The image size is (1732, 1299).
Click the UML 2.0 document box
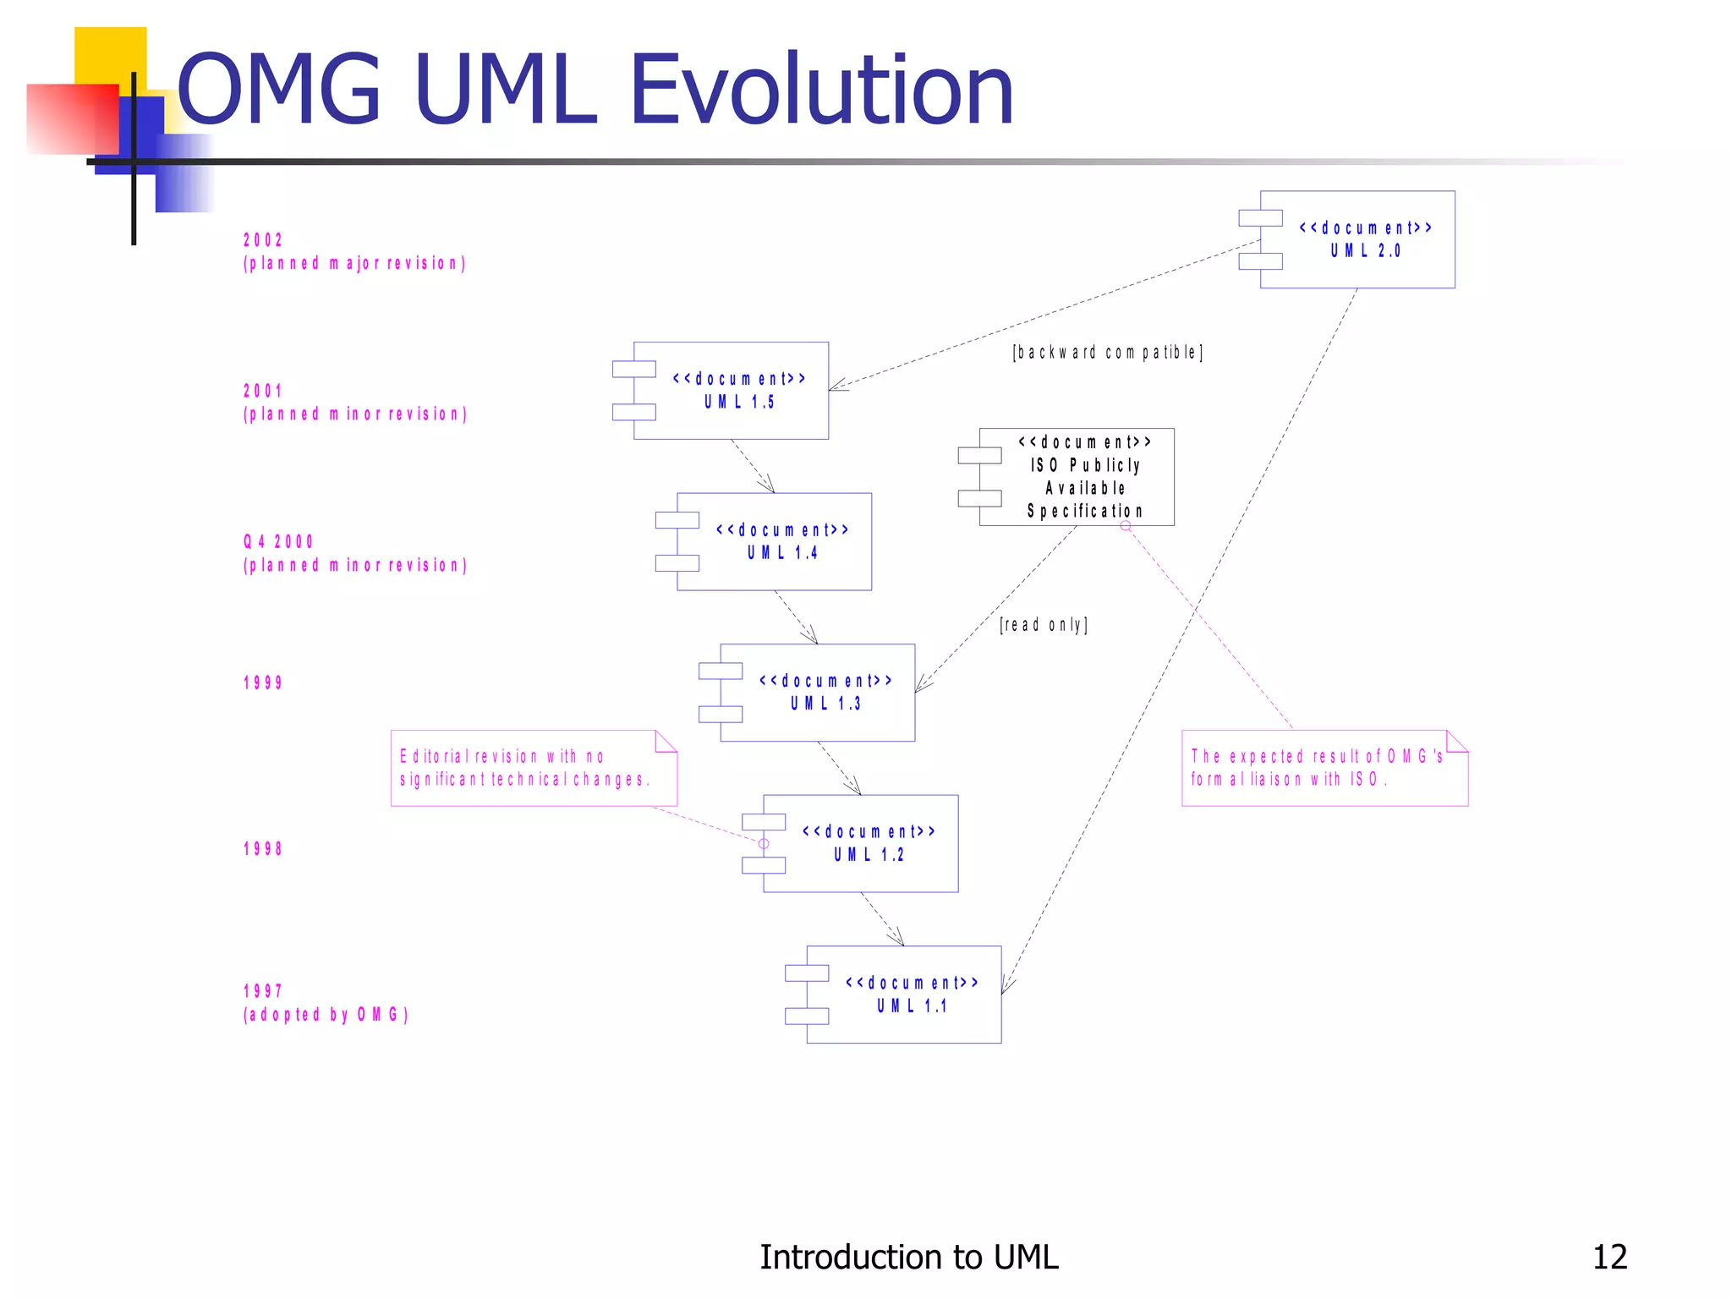[1357, 239]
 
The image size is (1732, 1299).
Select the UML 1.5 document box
[731, 391]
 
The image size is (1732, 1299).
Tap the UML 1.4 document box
[774, 541]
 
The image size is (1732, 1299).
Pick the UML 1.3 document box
[817, 693]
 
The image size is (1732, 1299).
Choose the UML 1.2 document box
[860, 843]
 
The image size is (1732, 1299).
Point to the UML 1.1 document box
[903, 995]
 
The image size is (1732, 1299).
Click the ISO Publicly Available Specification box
[1076, 477]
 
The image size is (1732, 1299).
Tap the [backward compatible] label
[1107, 353]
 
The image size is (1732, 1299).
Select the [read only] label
[1043, 625]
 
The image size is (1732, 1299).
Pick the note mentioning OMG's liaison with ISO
[1324, 768]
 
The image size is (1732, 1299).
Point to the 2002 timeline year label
[263, 240]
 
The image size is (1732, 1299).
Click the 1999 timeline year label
[263, 682]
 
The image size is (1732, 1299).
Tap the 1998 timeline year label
[263, 848]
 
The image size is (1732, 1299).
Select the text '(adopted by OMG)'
[326, 1014]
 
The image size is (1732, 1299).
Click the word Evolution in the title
[820, 90]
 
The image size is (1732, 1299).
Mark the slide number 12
[1609, 1257]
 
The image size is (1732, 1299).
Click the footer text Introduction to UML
[908, 1257]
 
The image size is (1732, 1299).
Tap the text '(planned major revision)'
[354, 263]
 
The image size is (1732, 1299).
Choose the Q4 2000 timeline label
[278, 541]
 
